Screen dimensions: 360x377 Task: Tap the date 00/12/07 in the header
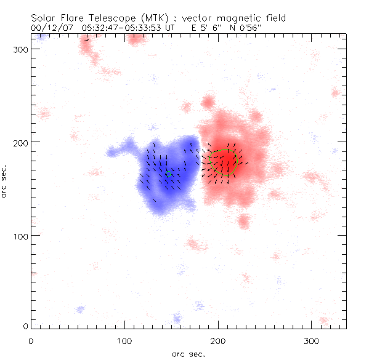52,28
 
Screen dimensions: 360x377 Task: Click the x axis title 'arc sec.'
188,354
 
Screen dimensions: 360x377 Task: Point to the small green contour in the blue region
168,174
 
